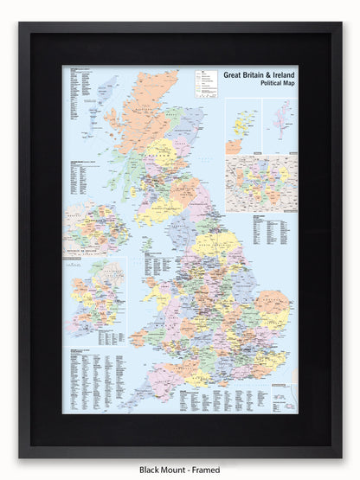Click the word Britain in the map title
point(254,75)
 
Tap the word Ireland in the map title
point(281,75)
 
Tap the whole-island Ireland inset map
point(94,298)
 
